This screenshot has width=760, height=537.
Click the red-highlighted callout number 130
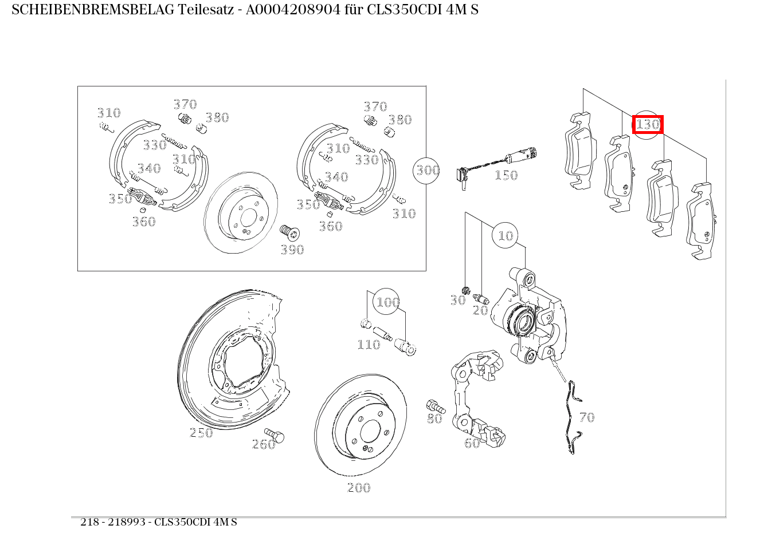[x=648, y=124]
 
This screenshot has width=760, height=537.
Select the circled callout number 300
[x=427, y=170]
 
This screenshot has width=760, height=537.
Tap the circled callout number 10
[x=505, y=235]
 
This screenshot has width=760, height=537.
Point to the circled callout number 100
[x=387, y=302]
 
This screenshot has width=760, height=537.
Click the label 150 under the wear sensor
[x=506, y=175]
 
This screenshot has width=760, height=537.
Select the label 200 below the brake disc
[x=359, y=488]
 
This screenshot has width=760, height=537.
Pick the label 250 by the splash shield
[x=201, y=433]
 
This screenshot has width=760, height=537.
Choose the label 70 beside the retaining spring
[x=587, y=417]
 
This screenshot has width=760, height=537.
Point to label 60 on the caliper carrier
[x=472, y=443]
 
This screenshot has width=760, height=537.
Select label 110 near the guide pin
[x=369, y=344]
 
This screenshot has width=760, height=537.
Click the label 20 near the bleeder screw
[x=480, y=310]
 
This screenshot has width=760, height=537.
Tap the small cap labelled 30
[x=466, y=289]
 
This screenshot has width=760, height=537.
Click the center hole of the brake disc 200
[x=370, y=431]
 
